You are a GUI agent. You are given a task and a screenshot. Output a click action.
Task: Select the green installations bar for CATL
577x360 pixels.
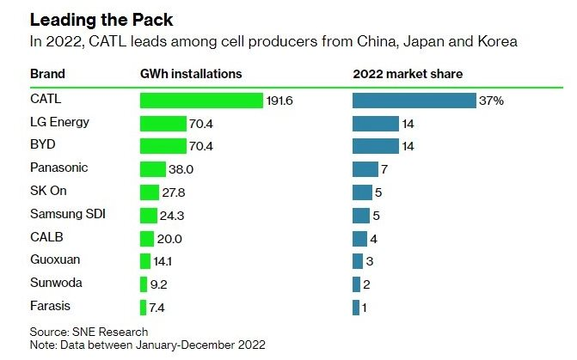[200, 101]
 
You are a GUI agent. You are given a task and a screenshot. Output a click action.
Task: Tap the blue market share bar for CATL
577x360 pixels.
[414, 101]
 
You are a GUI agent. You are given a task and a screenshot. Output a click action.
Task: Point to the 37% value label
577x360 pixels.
[491, 101]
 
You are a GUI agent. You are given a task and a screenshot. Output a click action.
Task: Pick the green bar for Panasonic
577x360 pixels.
[152, 169]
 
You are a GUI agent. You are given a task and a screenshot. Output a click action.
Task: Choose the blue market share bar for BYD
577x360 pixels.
[376, 146]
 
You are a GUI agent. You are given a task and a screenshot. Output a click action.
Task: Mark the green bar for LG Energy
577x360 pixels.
[163, 124]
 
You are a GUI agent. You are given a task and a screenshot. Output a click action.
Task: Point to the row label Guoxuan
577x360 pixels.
[52, 259]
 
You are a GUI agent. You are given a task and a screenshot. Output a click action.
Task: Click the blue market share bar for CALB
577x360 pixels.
[359, 238]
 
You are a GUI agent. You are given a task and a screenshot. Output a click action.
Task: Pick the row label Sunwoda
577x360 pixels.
[53, 283]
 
